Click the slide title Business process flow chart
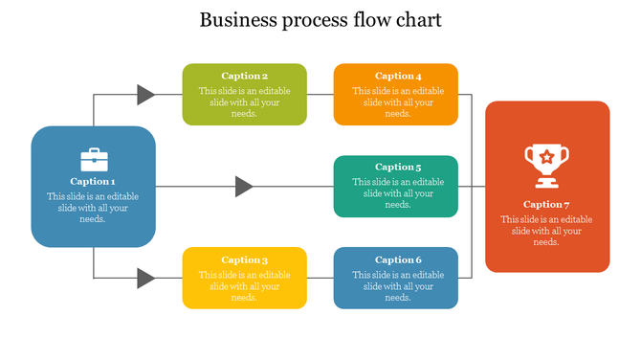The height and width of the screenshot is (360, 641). click(x=320, y=20)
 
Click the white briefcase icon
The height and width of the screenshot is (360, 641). click(x=93, y=159)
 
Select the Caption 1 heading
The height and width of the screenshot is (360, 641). click(x=93, y=181)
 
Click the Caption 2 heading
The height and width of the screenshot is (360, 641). click(x=245, y=76)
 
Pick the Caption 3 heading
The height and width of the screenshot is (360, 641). click(x=245, y=259)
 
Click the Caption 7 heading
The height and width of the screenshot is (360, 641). click(x=546, y=204)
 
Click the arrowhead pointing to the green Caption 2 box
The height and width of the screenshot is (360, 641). click(x=145, y=94)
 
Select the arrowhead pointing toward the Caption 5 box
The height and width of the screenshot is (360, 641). click(x=244, y=187)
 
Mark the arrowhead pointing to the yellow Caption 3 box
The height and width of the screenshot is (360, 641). click(x=145, y=279)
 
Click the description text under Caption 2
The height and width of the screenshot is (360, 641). click(x=245, y=102)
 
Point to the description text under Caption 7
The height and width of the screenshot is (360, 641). click(x=546, y=231)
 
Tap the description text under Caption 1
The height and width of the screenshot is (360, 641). click(x=93, y=208)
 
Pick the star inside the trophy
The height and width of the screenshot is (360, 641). click(x=546, y=156)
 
